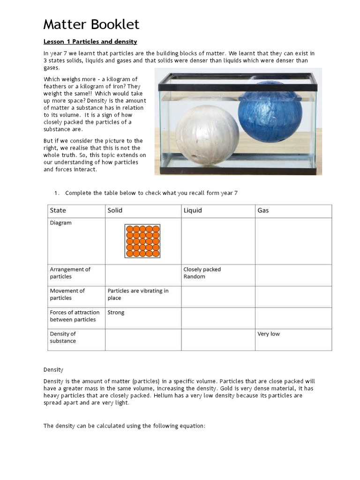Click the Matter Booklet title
coord(91,24)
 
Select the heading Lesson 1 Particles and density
coord(90,42)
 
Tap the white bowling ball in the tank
coord(207,135)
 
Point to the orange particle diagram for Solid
coord(142,241)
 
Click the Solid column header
coord(115,210)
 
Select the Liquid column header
coord(193,210)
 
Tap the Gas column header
coord(263,210)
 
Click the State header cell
coord(58,210)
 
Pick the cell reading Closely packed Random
coord(202,273)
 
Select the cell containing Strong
coord(116,313)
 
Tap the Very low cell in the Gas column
coord(269,334)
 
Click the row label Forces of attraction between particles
coord(75,316)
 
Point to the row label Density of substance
coord(63,337)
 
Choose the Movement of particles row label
coord(67,294)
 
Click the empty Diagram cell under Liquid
coord(218,241)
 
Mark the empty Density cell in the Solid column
coord(143,340)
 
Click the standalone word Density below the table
coord(53,370)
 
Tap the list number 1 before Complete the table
coord(56,193)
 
